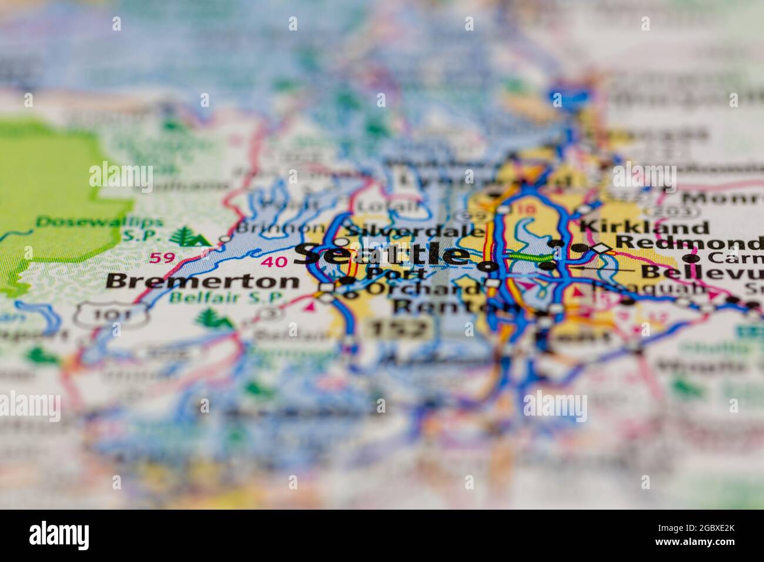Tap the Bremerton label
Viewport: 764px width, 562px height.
[x=202, y=281]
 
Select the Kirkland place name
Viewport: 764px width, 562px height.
[x=644, y=227]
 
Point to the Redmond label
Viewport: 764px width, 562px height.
[x=688, y=242]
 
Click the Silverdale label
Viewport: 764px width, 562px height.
[x=415, y=231]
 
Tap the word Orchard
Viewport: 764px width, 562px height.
[x=423, y=289]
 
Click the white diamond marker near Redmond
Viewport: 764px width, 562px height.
[x=600, y=249]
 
